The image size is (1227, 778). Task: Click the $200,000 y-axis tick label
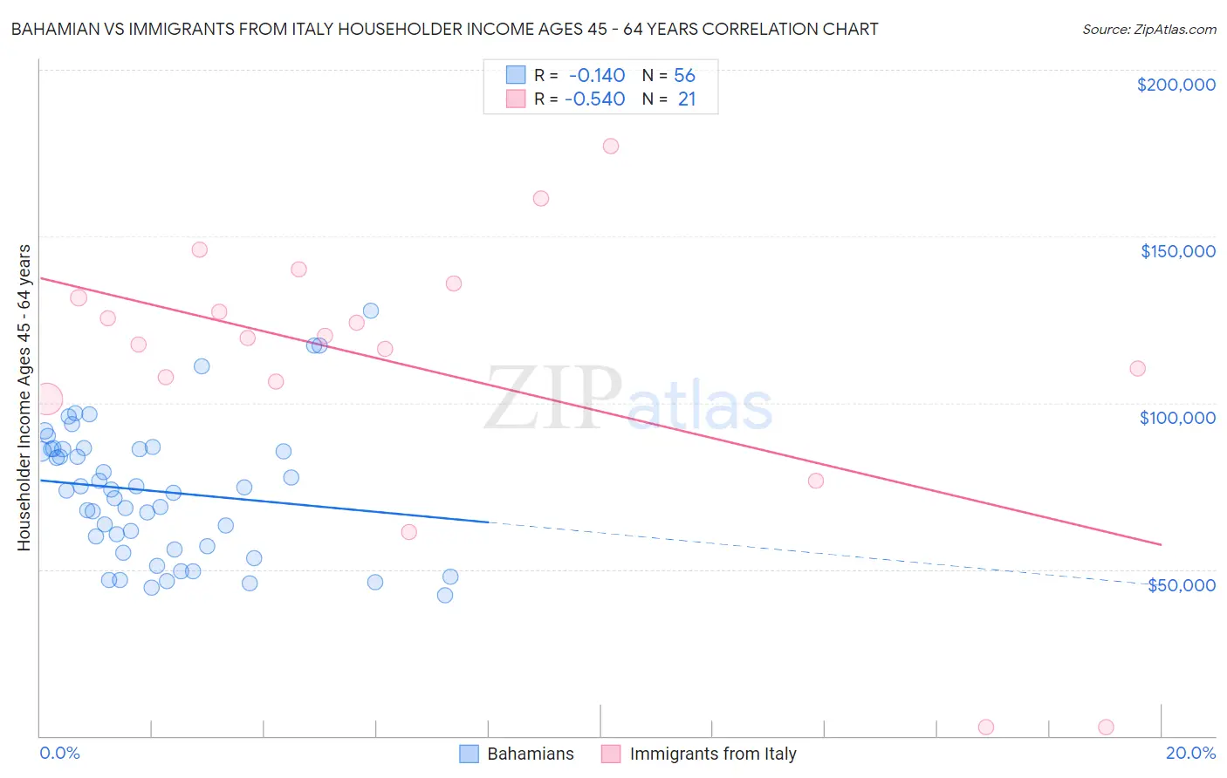click(1176, 85)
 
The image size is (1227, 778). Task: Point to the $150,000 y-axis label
click(1177, 251)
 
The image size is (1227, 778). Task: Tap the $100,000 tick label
click(1177, 418)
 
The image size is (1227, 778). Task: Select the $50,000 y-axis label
click(1181, 584)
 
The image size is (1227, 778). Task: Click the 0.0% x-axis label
click(59, 753)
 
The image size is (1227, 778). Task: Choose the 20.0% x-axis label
click(1190, 753)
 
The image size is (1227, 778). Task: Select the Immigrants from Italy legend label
click(712, 754)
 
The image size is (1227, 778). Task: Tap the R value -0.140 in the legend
click(596, 76)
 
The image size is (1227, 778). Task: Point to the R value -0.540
click(594, 99)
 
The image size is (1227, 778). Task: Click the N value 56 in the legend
click(684, 76)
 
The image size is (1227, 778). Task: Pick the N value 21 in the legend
click(687, 99)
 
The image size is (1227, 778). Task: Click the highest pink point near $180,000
click(611, 146)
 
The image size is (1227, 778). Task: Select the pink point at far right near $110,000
click(1137, 368)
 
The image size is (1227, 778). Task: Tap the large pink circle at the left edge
click(47, 399)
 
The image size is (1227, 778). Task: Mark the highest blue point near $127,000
click(371, 311)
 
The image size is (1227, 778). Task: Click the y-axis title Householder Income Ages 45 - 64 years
click(24, 398)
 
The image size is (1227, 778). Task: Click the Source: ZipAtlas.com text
click(1148, 30)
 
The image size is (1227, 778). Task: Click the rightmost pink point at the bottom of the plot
click(1106, 727)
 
